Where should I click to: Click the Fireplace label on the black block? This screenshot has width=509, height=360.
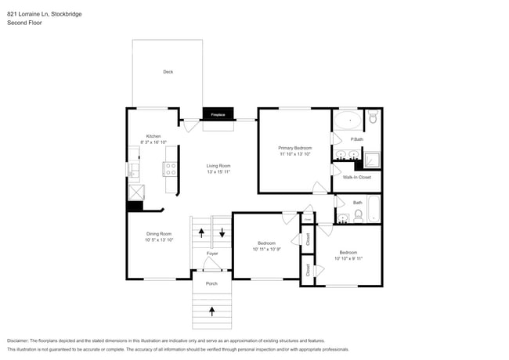218,114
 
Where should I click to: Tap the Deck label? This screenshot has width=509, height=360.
168,72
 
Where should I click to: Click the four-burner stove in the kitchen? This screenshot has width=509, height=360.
169,166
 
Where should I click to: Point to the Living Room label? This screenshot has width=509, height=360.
218,166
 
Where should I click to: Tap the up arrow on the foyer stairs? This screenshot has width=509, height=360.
201,232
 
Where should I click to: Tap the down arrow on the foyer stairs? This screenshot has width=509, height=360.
222,232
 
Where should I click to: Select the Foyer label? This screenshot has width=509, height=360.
212,254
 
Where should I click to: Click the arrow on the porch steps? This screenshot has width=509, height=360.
212,311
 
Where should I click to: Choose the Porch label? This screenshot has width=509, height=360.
211,283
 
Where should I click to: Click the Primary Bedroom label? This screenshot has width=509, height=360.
295,148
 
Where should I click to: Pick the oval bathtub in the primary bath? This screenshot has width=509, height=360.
348,121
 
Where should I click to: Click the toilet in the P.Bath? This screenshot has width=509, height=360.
373,118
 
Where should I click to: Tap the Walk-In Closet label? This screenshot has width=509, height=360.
357,177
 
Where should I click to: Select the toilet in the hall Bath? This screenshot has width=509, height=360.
357,214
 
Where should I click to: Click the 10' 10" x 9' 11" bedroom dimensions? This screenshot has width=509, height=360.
348,257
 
